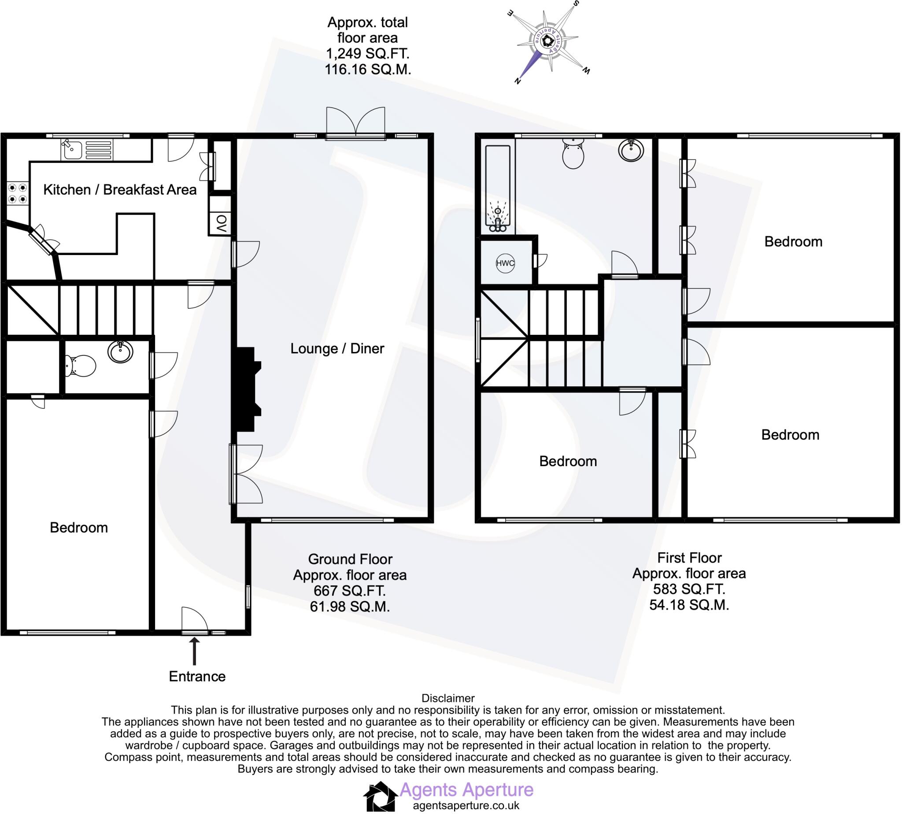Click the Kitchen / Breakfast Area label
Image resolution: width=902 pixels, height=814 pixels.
tap(120, 190)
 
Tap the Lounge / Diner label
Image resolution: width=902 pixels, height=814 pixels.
tap(337, 348)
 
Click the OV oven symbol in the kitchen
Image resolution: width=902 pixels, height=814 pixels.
tap(221, 223)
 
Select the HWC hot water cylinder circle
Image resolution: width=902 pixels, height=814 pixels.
tap(505, 263)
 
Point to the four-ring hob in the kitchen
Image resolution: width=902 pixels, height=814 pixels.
tap(18, 193)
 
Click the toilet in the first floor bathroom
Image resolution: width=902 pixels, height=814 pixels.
tap(573, 153)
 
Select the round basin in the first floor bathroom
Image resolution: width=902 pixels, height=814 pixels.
tap(631, 150)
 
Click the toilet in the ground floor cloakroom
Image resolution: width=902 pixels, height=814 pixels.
tap(81, 366)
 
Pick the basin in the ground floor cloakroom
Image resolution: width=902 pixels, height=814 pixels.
tap(120, 352)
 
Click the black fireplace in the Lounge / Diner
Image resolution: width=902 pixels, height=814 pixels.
tap(247, 389)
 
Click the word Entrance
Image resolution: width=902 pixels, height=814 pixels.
tap(197, 676)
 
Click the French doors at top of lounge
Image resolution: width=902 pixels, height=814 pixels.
tap(355, 123)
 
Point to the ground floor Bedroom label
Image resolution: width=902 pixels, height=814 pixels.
tap(79, 528)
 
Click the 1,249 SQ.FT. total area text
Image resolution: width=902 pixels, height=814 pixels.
tap(367, 54)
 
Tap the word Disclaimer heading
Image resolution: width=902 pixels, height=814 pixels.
tap(447, 698)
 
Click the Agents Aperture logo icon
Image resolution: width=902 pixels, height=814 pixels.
tap(381, 796)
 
